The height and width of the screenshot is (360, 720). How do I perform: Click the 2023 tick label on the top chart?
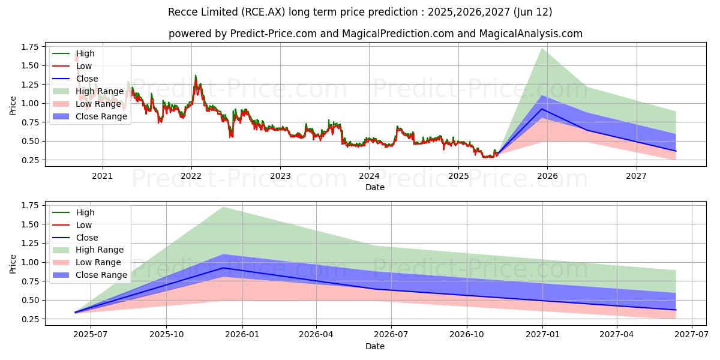(x=280, y=176)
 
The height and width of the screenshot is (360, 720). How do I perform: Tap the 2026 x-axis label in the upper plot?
(x=547, y=176)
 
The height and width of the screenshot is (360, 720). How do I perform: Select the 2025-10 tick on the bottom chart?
(x=166, y=335)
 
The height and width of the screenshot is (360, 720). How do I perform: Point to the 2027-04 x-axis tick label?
(x=617, y=335)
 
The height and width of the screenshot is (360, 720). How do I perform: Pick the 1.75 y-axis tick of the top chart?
(x=29, y=47)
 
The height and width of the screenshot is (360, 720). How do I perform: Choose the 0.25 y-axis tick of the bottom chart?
(x=29, y=319)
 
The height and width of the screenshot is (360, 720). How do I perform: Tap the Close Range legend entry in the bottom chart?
(x=101, y=275)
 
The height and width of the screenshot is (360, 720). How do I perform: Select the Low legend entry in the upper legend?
(x=84, y=66)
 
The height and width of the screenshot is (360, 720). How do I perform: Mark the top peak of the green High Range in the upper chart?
(x=542, y=49)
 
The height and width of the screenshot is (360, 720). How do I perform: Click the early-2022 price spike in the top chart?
(x=195, y=76)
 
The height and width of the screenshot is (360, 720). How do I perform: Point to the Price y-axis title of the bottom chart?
(x=13, y=263)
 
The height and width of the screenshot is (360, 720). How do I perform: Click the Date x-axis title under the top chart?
(x=375, y=187)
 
